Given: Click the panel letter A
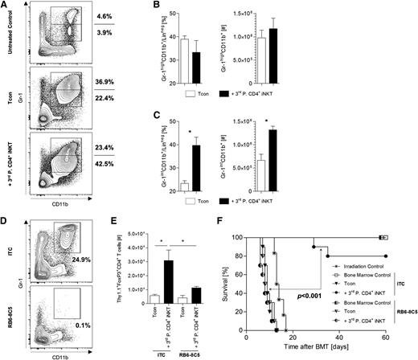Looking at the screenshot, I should tap(6, 6).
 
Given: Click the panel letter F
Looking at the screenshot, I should tap(242, 231).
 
